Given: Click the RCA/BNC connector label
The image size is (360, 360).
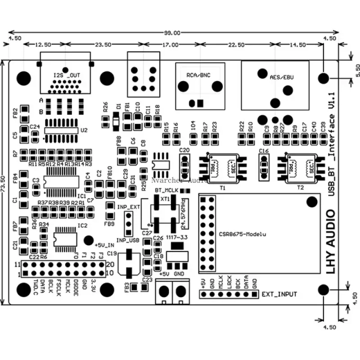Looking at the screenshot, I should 199,74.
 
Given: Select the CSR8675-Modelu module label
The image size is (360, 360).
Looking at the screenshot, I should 242,233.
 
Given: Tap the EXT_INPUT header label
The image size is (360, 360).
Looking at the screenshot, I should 280,294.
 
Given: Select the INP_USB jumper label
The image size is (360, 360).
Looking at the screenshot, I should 128,240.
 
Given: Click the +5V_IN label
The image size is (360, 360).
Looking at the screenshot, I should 105,245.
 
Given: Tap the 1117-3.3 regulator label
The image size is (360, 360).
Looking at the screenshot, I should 177,238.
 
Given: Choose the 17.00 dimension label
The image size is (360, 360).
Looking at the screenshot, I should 172,44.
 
